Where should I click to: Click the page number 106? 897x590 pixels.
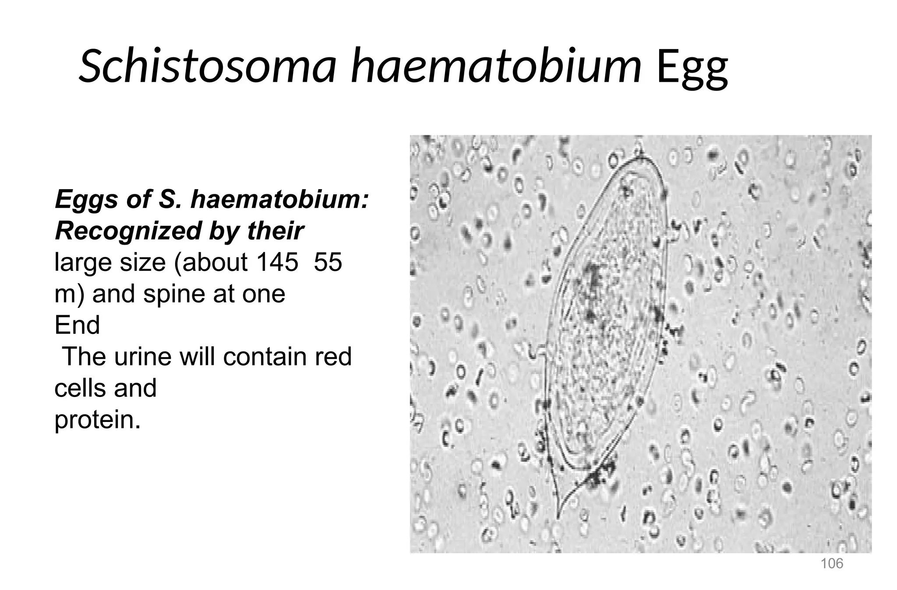point(831,563)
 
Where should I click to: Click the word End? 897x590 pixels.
point(77,325)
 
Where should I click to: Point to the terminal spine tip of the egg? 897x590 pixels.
point(558,516)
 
